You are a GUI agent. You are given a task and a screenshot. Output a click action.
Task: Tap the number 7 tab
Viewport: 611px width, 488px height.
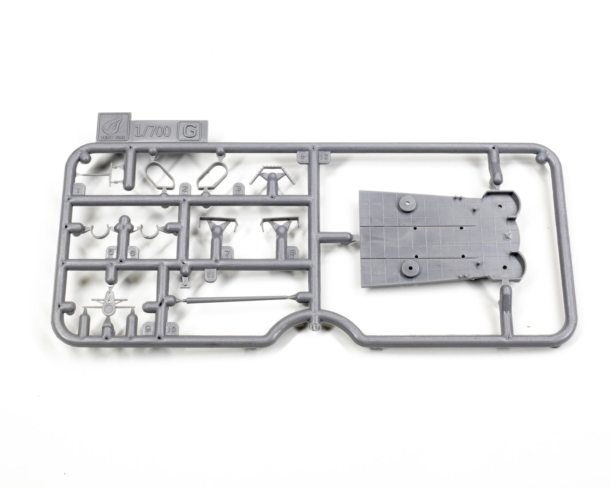point(227,253)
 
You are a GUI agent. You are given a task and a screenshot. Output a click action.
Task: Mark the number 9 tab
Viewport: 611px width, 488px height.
point(148,328)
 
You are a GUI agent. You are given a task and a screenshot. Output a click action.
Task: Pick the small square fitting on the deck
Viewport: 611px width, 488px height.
point(508,235)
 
